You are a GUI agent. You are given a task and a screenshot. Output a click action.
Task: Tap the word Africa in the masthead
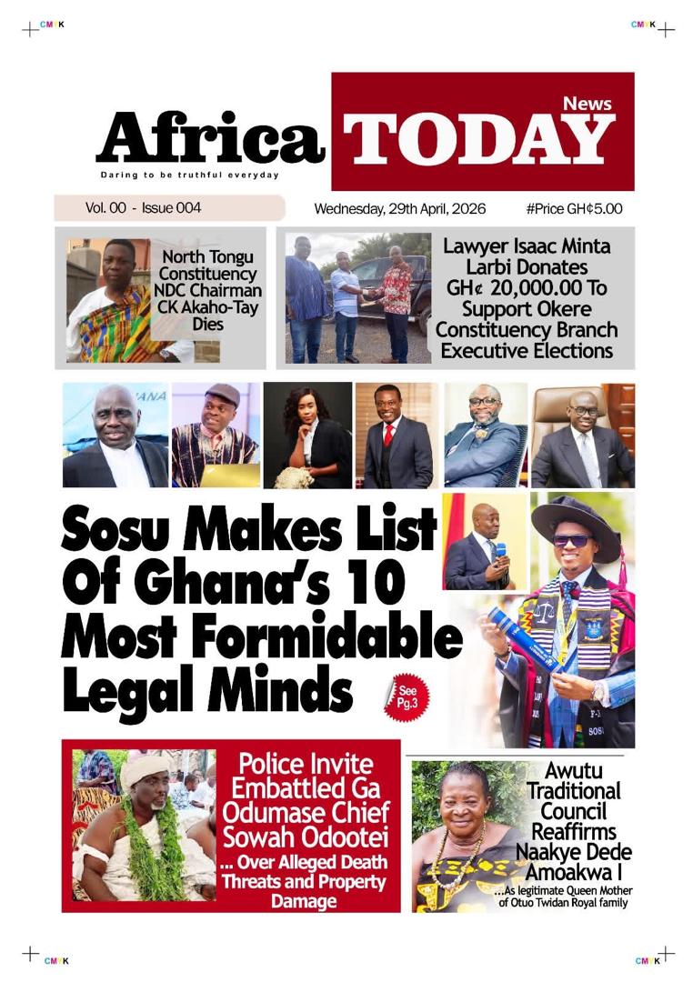pyautogui.click(x=210, y=138)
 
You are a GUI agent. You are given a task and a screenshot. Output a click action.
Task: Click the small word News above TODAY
pyautogui.click(x=587, y=104)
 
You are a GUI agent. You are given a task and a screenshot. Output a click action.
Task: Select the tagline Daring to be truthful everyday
pyautogui.click(x=189, y=175)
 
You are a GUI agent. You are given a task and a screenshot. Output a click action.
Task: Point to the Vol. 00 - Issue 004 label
pyautogui.click(x=143, y=208)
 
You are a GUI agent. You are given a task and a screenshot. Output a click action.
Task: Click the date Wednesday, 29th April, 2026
pyautogui.click(x=400, y=209)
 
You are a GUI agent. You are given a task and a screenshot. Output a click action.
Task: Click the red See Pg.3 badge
pyautogui.click(x=407, y=697)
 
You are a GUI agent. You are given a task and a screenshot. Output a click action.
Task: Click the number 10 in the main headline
pyautogui.click(x=376, y=585)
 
